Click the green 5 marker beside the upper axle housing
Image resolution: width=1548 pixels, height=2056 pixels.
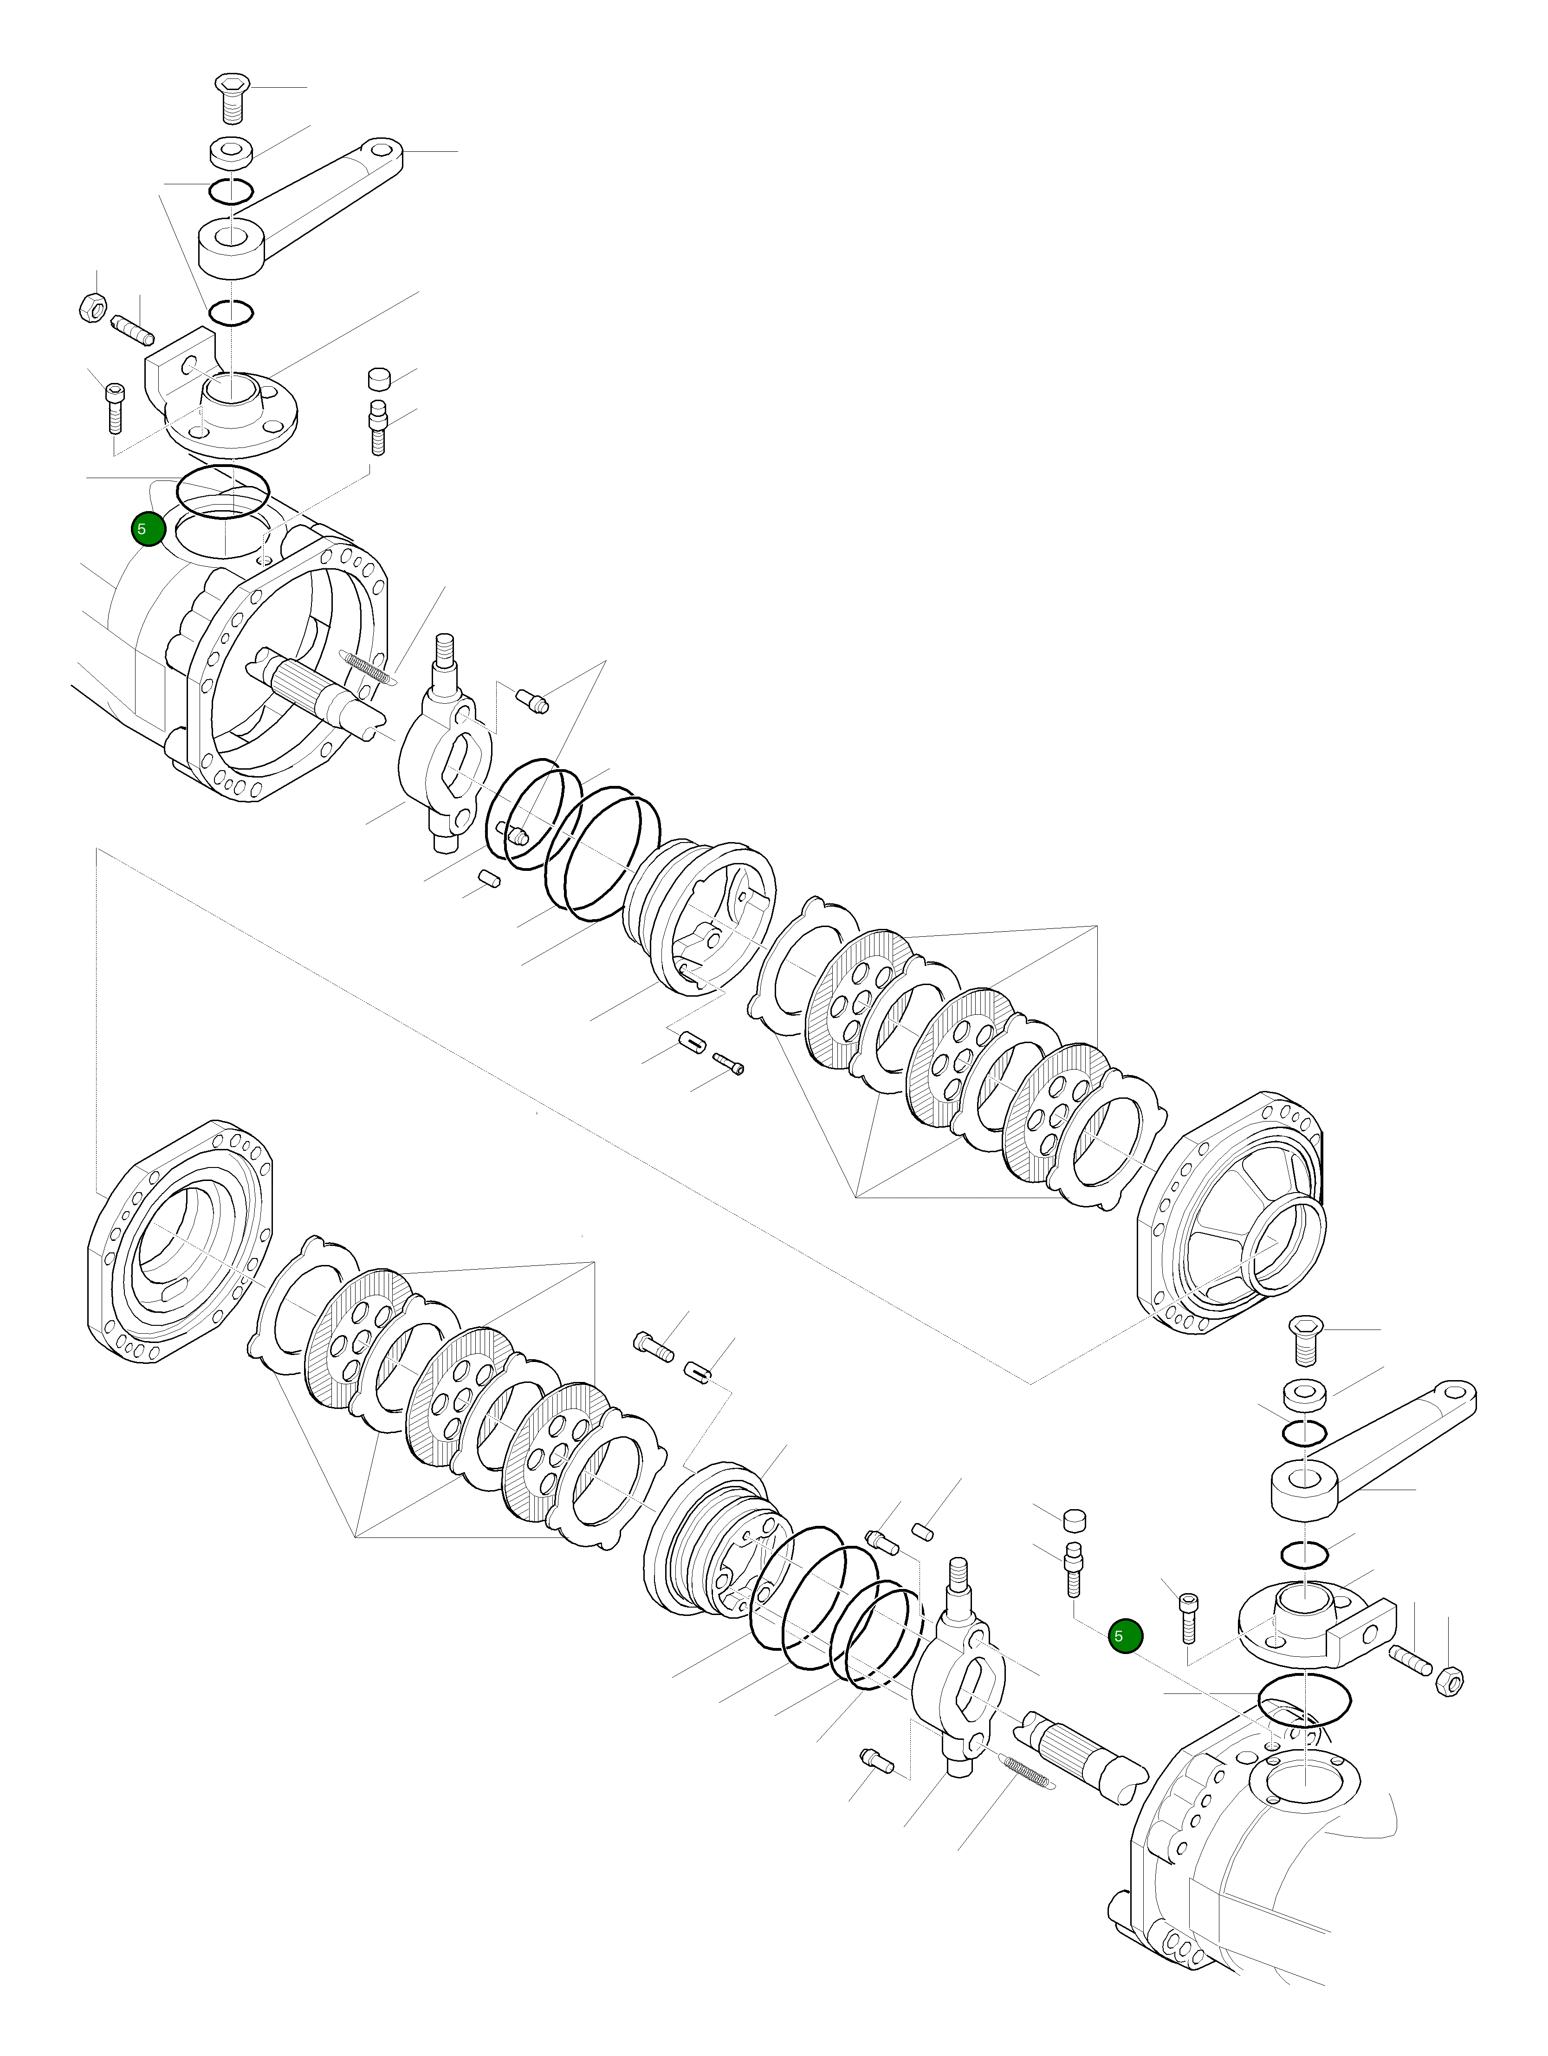[148, 529]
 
